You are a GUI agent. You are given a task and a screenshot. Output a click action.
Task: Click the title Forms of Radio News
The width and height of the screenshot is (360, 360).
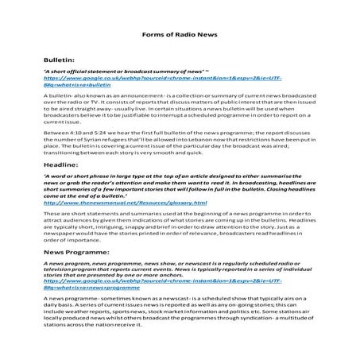click(179, 35)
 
